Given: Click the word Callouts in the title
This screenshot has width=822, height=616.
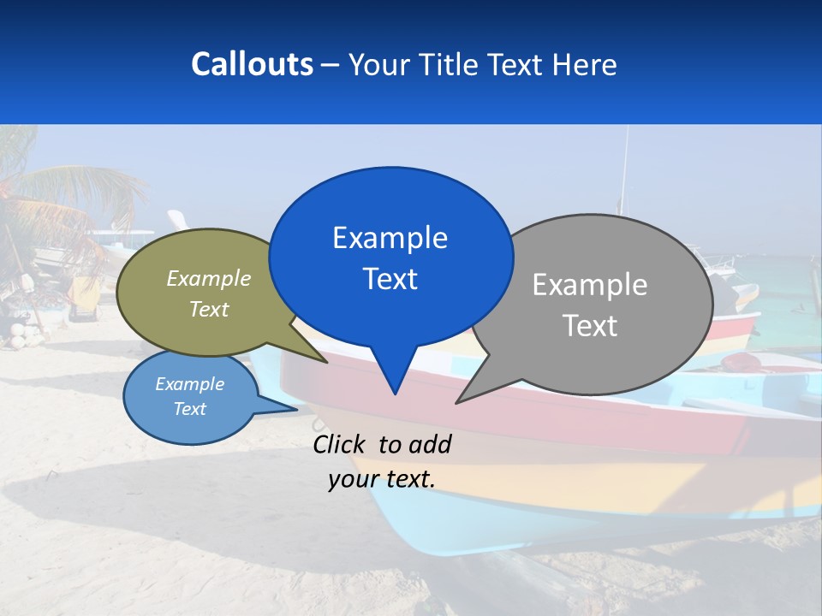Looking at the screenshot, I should coord(252,64).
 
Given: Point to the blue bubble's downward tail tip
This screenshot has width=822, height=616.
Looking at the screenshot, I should coord(394,393).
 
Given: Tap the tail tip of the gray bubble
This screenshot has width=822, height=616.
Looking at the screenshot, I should coord(457,401).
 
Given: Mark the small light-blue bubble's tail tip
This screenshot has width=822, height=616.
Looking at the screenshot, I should coord(296,408).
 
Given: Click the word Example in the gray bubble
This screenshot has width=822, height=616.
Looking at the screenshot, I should coord(590,285).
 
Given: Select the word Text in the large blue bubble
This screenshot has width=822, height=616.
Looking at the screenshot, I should coord(390,279).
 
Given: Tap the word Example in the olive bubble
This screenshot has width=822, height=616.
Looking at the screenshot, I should coord(209,278).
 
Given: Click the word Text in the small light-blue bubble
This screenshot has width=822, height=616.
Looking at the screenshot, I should coord(190,409).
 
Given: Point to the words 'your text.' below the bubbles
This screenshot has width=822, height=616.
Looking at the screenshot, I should coord(382,479).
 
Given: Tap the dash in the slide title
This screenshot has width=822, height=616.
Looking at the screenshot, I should coord(331,65).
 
